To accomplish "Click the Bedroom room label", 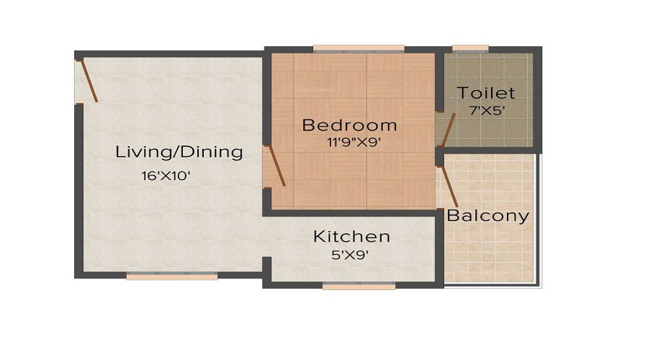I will [x=349, y=125].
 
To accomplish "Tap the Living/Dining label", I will [x=179, y=153].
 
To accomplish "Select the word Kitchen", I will [x=351, y=236].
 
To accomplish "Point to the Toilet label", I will [x=487, y=94].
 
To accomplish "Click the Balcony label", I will [x=488, y=215].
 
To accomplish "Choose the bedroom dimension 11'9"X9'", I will [x=352, y=142].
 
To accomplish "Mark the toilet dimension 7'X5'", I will [x=487, y=111].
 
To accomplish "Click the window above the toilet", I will [x=470, y=49].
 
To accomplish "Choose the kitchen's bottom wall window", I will [x=359, y=286].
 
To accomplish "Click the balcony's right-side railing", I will [x=539, y=216].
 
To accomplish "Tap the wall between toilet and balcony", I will [x=490, y=150].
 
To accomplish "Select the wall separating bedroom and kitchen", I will [x=353, y=212].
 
